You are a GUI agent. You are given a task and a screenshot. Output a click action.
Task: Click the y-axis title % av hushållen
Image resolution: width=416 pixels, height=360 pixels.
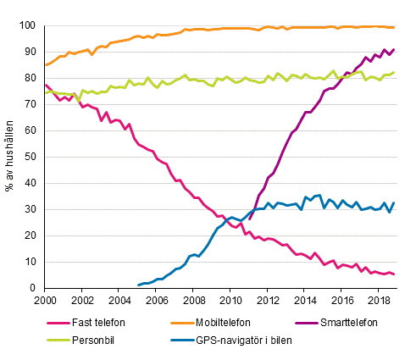pos(11,157)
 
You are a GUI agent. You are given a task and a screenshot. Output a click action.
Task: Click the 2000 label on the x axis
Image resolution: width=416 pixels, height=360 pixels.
pos(45,301)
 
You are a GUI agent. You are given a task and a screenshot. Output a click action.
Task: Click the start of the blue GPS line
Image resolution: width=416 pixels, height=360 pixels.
pos(138,285)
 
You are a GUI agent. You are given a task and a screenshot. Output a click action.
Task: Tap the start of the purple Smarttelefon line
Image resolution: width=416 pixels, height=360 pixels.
pos(249,219)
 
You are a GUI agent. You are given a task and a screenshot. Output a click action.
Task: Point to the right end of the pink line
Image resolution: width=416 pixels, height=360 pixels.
pos(394,274)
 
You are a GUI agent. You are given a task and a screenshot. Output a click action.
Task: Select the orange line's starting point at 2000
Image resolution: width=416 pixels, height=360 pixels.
pos(45,65)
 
